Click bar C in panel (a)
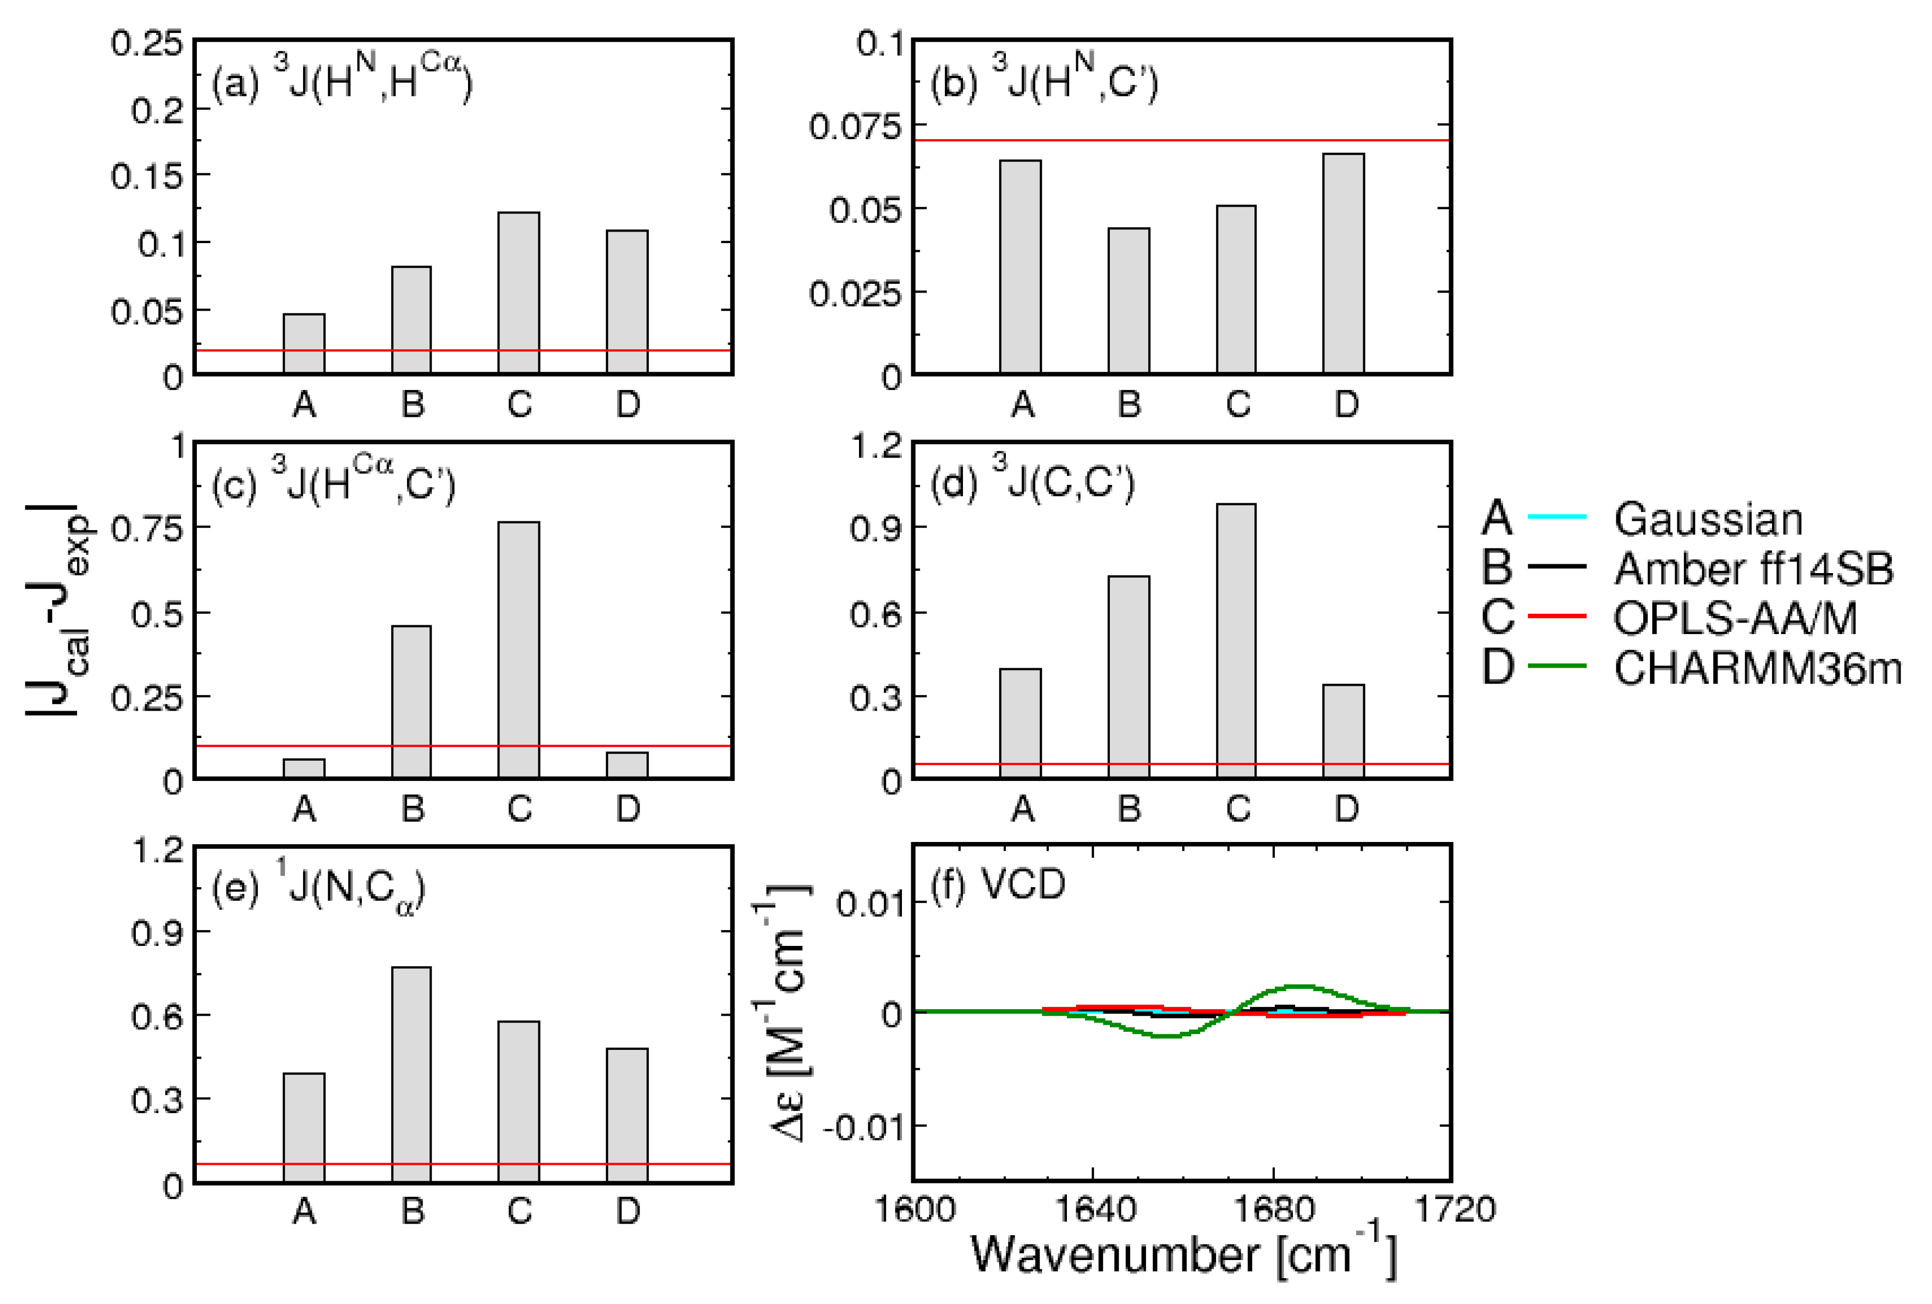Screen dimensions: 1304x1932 [518, 293]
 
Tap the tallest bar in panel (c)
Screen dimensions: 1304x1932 [518, 650]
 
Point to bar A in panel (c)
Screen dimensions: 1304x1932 [304, 769]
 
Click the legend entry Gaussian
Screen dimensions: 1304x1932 [1707, 519]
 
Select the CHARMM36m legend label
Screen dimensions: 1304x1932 [1757, 667]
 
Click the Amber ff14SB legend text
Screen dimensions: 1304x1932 [1752, 569]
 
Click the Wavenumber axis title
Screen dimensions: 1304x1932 [1183, 1255]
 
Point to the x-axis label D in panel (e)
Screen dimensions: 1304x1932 [628, 1212]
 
